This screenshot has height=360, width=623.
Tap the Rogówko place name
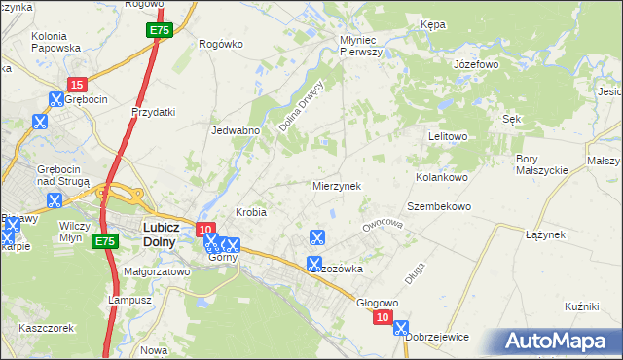pyautogui.click(x=219, y=43)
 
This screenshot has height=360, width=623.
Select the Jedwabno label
pyautogui.click(x=235, y=129)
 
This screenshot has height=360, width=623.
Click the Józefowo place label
pyautogui.click(x=476, y=64)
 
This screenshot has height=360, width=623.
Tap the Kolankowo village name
pyautogui.click(x=443, y=178)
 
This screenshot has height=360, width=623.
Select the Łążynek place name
pyautogui.click(x=545, y=234)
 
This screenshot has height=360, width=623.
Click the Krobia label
pyautogui.click(x=251, y=211)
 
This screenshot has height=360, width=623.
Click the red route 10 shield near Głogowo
pyautogui.click(x=384, y=318)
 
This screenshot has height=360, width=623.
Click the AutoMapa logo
pyautogui.click(x=561, y=341)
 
